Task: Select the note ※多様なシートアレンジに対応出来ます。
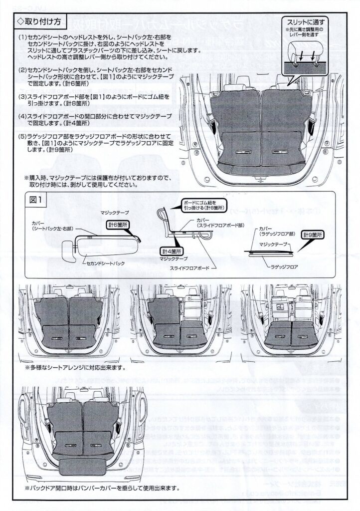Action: pos(75,368)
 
